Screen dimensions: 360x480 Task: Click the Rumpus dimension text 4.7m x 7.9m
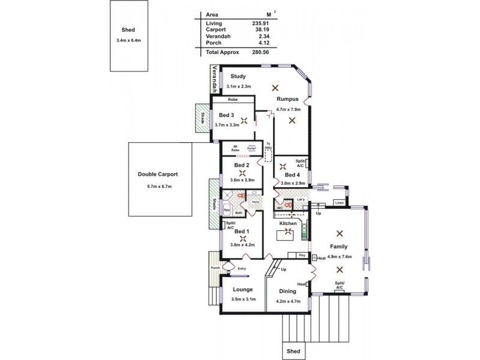(x=288, y=109)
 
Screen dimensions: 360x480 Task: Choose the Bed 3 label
(x=226, y=115)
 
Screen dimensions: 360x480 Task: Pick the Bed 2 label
(x=241, y=165)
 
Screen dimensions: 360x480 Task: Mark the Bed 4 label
(x=293, y=175)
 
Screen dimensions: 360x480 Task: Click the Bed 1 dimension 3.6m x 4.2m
(x=242, y=244)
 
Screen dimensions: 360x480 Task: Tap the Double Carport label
(x=158, y=174)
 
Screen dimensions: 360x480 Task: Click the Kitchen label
(x=289, y=223)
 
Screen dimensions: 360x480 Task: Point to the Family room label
(x=339, y=247)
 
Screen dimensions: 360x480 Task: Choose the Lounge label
(x=242, y=289)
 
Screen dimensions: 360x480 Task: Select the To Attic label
(x=268, y=145)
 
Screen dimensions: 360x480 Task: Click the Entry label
(x=242, y=268)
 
